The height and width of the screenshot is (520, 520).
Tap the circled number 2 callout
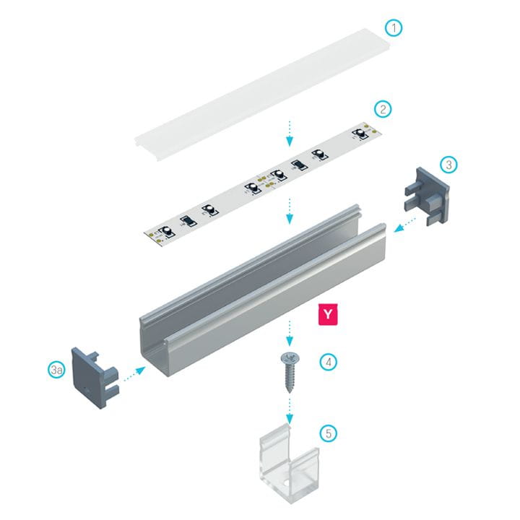click(x=383, y=110)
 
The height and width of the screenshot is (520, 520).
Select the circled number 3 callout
click(x=449, y=165)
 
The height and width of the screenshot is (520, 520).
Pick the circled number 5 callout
click(x=329, y=434)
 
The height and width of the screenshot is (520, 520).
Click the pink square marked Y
click(x=329, y=315)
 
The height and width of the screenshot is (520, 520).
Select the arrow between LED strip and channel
click(x=290, y=210)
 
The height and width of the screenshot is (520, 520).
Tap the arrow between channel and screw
click(x=290, y=333)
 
